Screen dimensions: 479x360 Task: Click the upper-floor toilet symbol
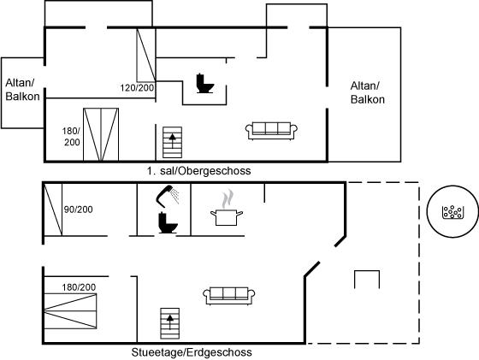[204, 83]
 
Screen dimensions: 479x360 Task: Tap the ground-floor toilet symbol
[168, 222]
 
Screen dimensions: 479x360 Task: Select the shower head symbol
[168, 196]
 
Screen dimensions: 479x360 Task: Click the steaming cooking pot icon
[227, 209]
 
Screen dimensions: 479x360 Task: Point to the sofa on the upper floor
[271, 131]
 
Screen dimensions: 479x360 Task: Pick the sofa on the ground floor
[229, 296]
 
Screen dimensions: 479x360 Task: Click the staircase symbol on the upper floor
[172, 142]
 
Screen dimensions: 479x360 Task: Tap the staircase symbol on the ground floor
[170, 323]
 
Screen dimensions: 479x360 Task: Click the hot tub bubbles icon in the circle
[453, 212]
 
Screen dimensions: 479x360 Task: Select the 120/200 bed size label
[137, 88]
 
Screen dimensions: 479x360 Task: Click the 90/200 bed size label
[78, 210]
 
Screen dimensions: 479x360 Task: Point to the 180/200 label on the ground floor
[79, 287]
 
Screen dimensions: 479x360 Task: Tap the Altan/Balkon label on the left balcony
[22, 90]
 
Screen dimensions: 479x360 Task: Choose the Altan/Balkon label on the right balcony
[368, 92]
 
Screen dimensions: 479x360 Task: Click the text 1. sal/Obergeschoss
[198, 171]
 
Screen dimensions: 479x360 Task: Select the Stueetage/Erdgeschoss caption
[192, 352]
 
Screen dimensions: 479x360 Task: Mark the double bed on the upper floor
[101, 134]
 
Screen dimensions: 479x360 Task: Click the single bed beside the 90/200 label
[53, 210]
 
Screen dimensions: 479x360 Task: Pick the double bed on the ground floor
[70, 311]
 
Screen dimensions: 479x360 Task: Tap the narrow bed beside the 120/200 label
[146, 55]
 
